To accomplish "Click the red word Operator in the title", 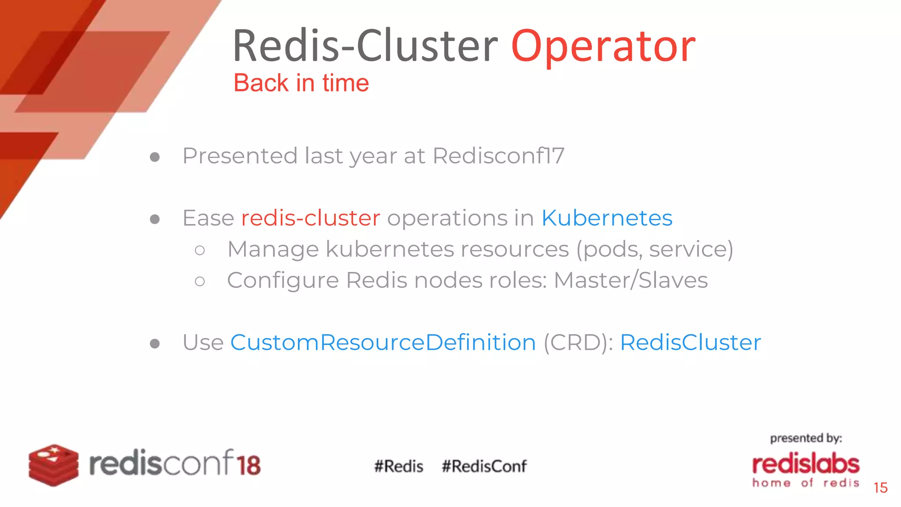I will click(x=603, y=47).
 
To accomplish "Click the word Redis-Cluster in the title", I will click(x=365, y=46).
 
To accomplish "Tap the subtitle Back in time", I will click(x=301, y=83).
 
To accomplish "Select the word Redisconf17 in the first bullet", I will click(x=498, y=156).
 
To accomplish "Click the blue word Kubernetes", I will click(x=607, y=218).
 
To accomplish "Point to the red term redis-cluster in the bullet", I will click(x=311, y=218).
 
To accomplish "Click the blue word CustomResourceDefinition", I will click(x=383, y=342).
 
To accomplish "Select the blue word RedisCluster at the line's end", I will click(x=690, y=342).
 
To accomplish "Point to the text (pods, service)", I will click(x=655, y=249).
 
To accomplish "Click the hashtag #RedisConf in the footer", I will click(x=484, y=466).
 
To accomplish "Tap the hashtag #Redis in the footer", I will click(x=399, y=466).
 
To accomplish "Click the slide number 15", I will click(x=880, y=488).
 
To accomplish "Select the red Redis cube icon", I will click(x=54, y=465).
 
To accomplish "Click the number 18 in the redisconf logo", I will click(x=249, y=465).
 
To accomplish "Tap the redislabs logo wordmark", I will click(x=806, y=464).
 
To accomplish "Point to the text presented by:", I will click(x=806, y=438).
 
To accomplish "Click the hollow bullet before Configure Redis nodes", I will click(x=200, y=281).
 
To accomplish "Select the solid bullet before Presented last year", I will click(x=154, y=157).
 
